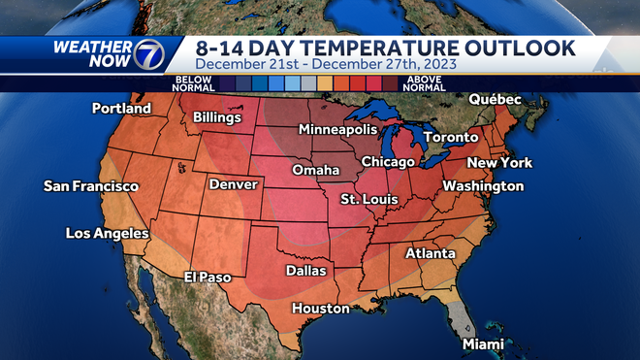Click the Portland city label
(x=122, y=109)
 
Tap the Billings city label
(x=216, y=117)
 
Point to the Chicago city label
(x=388, y=161)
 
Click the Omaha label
(x=317, y=171)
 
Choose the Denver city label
(x=233, y=184)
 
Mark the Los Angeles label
(x=107, y=233)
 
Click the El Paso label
(x=208, y=278)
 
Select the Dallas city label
(x=305, y=271)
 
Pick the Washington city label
(x=483, y=185)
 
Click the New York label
(x=501, y=162)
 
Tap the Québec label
(x=495, y=100)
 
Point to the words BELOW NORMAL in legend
(x=193, y=82)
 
